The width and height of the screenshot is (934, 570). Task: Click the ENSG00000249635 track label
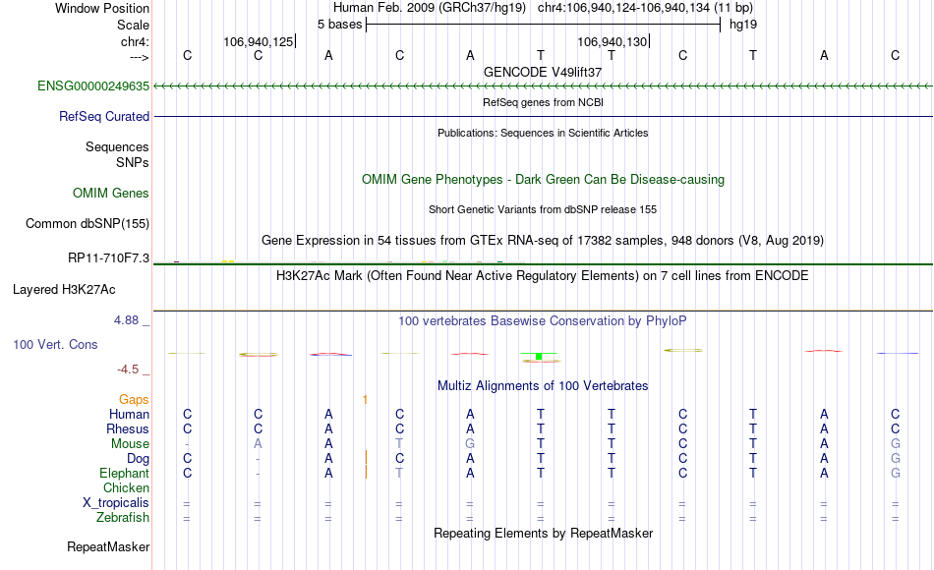[93, 86]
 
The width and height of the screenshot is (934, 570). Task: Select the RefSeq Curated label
[104, 116]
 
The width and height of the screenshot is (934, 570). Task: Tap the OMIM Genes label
[111, 193]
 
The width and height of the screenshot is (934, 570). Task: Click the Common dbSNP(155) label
[87, 223]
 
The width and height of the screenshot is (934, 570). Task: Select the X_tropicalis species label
[116, 502]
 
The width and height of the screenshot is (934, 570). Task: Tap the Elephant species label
[125, 473]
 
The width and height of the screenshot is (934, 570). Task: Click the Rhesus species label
[128, 428]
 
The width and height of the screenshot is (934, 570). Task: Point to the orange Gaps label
[134, 399]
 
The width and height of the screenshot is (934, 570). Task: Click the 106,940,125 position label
[258, 41]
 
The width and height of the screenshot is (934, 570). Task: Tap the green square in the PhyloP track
[539, 356]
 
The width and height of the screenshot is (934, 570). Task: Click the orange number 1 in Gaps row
[365, 399]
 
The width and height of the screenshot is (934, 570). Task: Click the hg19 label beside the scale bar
[742, 23]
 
